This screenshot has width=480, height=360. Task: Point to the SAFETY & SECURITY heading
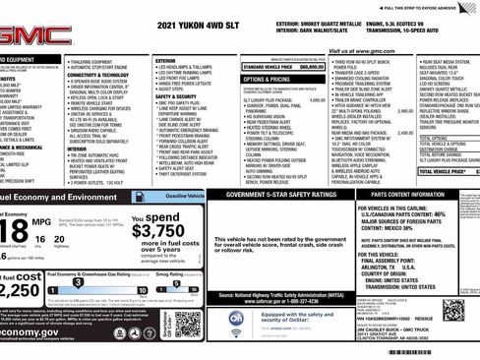tap(178, 96)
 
